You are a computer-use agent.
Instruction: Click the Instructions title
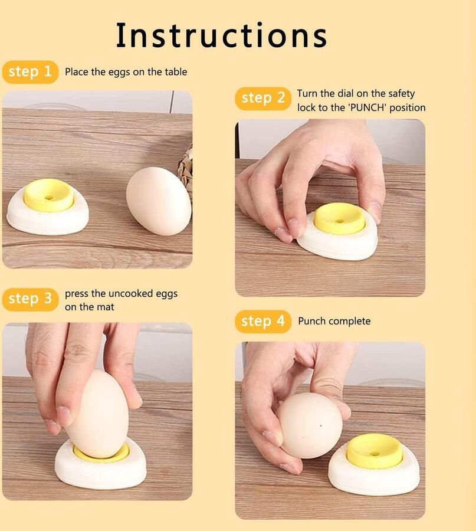coord(221,35)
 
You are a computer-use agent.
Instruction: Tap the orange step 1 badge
coord(31,72)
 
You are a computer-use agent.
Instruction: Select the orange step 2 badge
coord(263,98)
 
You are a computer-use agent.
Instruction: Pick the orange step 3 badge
coord(31,299)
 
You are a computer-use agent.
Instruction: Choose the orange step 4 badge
coord(263,322)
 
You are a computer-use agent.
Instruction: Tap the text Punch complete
coord(334,321)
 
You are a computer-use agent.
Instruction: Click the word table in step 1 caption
coord(176,72)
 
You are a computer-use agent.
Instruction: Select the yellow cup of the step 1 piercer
coord(49,195)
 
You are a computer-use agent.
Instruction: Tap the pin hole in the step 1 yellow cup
coord(50,196)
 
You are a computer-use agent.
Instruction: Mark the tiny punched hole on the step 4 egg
coord(321,426)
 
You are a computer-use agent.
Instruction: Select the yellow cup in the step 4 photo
coord(374,452)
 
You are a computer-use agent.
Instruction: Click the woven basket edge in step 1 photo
coord(186,161)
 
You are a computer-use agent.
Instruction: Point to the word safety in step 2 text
coord(402,93)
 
